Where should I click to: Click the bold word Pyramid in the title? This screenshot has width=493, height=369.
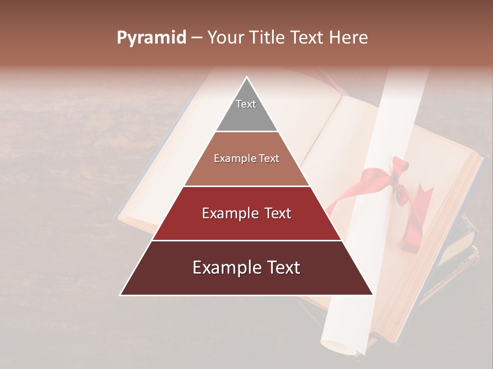(151, 38)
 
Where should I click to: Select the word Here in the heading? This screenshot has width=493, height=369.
(349, 38)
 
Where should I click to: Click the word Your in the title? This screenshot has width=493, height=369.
(225, 38)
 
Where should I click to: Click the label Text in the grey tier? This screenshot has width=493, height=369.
(246, 104)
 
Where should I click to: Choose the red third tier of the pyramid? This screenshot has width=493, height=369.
(246, 225)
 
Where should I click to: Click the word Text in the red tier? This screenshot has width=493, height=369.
(275, 213)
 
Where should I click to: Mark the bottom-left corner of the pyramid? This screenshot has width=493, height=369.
(121, 295)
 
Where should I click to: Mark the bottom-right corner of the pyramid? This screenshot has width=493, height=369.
(373, 295)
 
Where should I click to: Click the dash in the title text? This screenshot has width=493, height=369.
(196, 38)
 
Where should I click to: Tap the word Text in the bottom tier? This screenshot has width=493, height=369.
(283, 268)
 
